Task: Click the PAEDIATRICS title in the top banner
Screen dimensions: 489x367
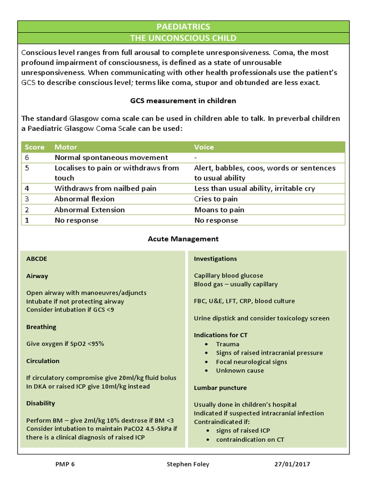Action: point(183,27)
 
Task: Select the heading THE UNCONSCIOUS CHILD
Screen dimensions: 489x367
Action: point(183,38)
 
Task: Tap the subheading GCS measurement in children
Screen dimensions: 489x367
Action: point(183,101)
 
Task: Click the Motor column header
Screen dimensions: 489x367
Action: point(65,147)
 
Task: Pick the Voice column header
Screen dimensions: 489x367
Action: point(204,147)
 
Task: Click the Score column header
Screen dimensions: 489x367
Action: point(34,147)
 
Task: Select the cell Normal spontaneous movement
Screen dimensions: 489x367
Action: point(111,158)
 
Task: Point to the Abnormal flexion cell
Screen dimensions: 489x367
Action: point(84,199)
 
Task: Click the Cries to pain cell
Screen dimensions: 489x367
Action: point(216,199)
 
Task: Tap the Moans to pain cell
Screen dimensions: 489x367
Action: point(219,210)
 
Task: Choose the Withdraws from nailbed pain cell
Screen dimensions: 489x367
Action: point(105,189)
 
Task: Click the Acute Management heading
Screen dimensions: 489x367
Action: point(183,239)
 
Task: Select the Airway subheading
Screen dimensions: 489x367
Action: point(37,276)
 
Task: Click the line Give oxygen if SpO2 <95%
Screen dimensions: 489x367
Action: point(65,344)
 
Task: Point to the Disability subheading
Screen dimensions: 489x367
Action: point(41,404)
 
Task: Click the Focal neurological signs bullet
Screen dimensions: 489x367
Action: point(251,362)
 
